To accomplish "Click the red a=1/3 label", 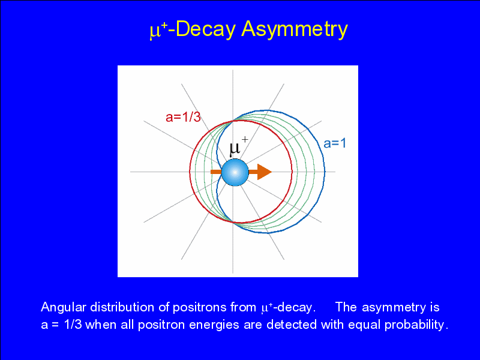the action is [x=183, y=117].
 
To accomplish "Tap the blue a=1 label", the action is [x=335, y=143].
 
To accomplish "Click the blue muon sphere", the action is [x=235, y=172].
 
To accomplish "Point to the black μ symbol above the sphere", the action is [x=235, y=149].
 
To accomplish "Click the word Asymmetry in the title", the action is [x=295, y=29].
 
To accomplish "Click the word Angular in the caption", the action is [x=64, y=307].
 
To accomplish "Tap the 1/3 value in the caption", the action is [x=73, y=325].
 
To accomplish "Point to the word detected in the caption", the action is [x=291, y=325].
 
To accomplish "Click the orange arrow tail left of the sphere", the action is [x=216, y=172].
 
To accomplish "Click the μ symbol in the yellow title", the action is [x=154, y=32].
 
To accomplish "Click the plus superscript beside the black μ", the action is [x=245, y=140].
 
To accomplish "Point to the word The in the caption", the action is [x=346, y=307].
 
